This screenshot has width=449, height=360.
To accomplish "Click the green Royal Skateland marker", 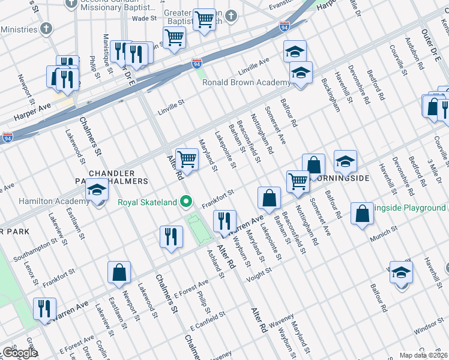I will (187, 201).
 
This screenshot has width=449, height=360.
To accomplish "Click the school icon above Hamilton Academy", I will (96, 191).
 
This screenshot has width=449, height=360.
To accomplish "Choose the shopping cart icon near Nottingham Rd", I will (298, 181).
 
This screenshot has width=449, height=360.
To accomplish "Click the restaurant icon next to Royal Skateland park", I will (224, 221).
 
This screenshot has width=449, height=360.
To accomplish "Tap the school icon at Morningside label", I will (345, 161).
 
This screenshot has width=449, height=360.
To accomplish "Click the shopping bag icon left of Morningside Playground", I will (362, 214).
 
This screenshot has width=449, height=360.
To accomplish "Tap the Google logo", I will (20, 353).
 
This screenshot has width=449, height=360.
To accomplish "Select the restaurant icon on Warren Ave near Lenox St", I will (45, 308).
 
